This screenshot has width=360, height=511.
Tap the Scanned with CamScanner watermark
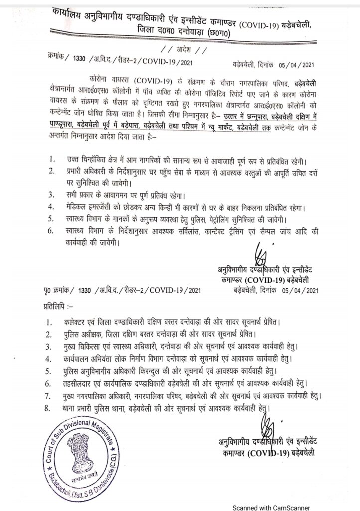(x=303, y=503)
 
